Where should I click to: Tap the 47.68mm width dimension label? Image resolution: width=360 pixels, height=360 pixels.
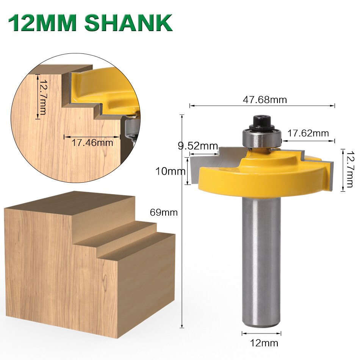[x=265, y=100]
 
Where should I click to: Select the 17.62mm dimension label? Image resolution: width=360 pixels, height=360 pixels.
[x=308, y=133]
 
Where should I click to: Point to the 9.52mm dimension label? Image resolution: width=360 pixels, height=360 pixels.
[x=198, y=146]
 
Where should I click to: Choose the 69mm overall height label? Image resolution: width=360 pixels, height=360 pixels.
[x=164, y=212]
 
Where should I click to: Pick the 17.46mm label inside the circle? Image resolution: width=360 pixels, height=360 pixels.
[x=92, y=143]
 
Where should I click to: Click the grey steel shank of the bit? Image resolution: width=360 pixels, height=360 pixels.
[x=261, y=261]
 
